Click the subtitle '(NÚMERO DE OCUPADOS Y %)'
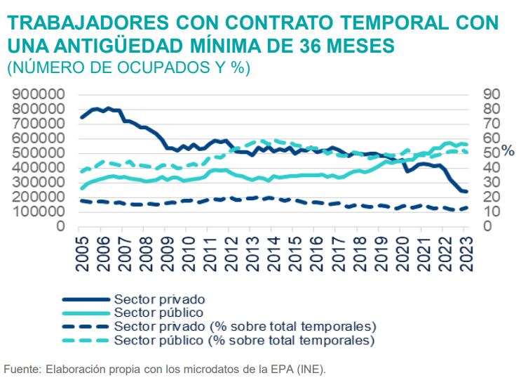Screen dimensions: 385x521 pyautogui.click(x=128, y=69)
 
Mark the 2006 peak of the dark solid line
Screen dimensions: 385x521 pyautogui.click(x=107, y=108)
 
